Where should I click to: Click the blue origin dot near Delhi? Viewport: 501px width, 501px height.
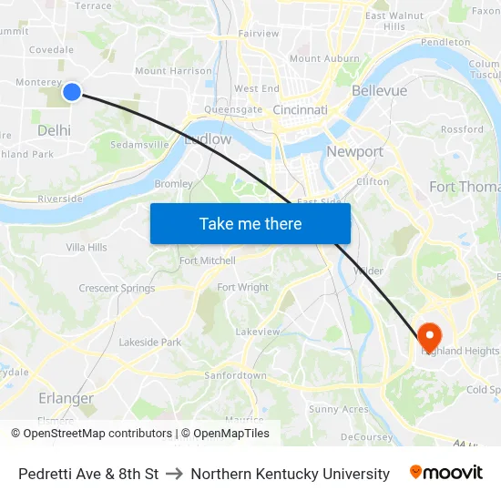72,91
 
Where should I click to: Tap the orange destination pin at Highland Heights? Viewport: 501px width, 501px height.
428,333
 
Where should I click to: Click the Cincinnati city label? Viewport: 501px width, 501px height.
300,110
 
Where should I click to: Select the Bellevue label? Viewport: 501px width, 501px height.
379,91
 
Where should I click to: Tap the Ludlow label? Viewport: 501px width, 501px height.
208,140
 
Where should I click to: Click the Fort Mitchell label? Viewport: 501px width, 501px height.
207,261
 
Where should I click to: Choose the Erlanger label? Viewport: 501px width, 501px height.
66,398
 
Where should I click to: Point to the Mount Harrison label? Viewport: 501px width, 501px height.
173,71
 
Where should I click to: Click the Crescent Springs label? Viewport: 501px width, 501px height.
117,289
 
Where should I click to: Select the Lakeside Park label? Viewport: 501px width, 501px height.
149,343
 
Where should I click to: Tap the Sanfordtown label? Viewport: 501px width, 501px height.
235,375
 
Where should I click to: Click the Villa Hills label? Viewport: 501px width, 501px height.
87,247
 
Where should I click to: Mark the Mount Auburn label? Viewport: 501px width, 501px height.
324,58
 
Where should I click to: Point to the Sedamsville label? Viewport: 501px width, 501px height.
139,144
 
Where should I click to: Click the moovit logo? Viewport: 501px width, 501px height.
445,473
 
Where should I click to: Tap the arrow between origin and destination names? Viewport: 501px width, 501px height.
175,474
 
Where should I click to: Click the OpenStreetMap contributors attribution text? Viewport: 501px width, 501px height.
97,434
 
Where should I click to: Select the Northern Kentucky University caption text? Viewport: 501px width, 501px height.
290,474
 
